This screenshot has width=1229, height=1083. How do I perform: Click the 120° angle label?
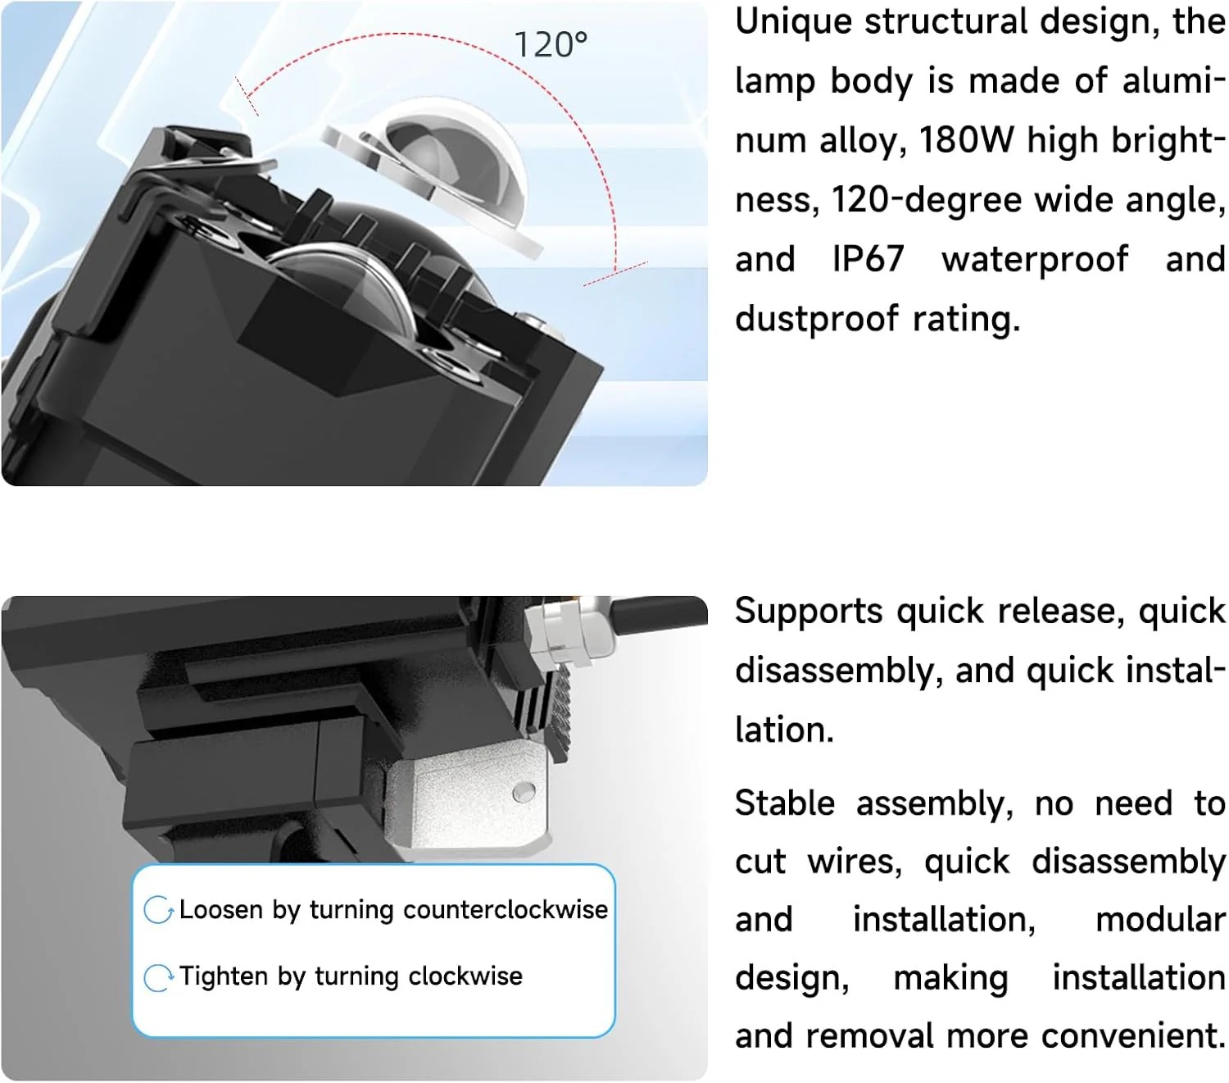pos(551,45)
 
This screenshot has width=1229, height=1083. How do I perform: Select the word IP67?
pos(868,259)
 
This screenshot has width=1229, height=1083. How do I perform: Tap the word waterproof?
pos(1035,261)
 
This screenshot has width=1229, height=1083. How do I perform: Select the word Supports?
pos(809,612)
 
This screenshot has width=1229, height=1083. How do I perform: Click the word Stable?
pos(785,803)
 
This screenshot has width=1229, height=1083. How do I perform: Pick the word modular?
pos(1160,920)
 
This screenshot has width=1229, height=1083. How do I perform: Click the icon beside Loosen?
pos(158,910)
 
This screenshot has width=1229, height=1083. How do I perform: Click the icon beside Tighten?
pos(158,978)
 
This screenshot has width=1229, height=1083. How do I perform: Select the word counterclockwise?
pos(506,910)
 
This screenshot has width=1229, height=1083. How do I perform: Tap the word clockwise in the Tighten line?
pos(465,976)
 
